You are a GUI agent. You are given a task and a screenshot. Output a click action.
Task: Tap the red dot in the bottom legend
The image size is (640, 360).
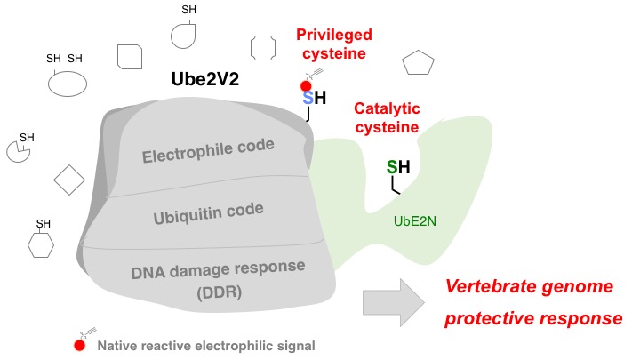click(x=80, y=345)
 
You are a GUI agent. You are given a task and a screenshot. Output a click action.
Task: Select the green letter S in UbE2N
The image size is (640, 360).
click(x=391, y=166)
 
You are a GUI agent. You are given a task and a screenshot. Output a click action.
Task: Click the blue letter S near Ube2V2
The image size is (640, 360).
click(x=308, y=100)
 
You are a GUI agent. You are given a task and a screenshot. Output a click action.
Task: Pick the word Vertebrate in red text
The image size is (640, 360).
click(x=486, y=288)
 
